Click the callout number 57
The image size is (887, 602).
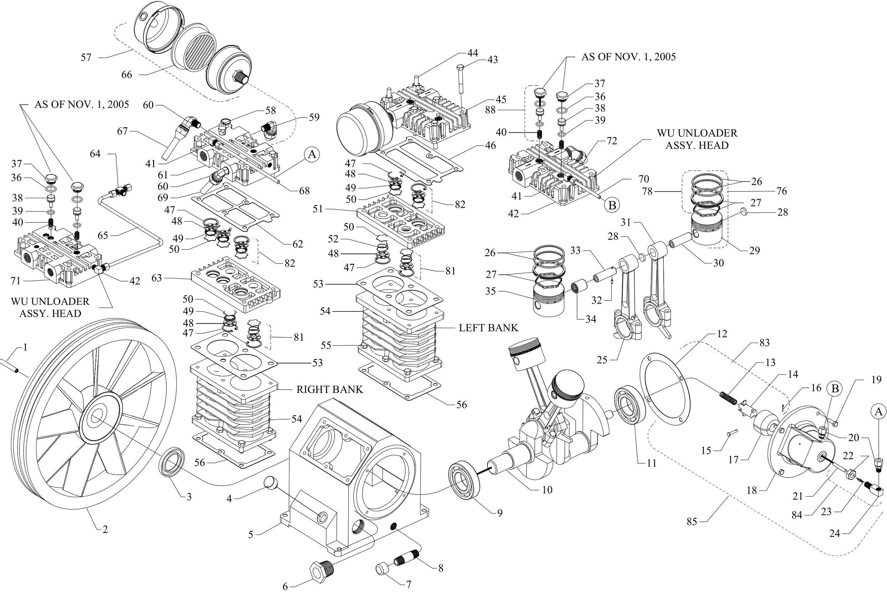click(86, 57)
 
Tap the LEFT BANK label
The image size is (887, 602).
click(488, 328)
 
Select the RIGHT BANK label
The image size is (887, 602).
click(330, 389)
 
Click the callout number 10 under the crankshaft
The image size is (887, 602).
click(547, 489)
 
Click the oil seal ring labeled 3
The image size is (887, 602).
click(173, 463)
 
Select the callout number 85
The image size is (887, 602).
click(691, 521)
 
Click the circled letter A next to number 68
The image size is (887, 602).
click(312, 154)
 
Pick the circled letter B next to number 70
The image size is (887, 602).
click(612, 205)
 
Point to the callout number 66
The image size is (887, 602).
click(127, 74)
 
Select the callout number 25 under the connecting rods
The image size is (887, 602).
click(602, 360)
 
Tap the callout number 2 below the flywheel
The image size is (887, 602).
click(104, 529)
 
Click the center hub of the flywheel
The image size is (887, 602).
click(97, 417)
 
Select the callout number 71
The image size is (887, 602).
click(16, 281)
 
